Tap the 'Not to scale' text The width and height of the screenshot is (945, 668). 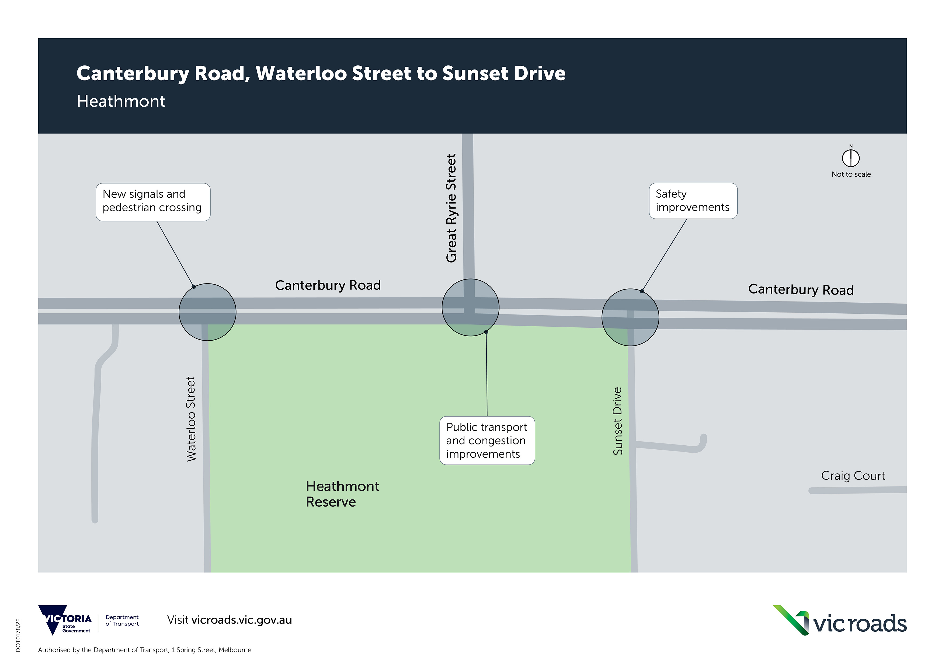851,174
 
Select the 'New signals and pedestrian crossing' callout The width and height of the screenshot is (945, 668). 153,202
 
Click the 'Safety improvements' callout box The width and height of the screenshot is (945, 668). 693,201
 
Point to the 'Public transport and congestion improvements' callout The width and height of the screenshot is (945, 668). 487,440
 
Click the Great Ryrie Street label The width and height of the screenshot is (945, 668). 451,208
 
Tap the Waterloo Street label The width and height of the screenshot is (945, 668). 191,419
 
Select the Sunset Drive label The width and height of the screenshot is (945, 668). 617,421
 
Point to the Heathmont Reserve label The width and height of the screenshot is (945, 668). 342,494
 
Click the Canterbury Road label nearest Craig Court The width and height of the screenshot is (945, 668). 801,290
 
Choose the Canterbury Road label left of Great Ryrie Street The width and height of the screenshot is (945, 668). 328,285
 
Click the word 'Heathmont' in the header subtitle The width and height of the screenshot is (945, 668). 121,101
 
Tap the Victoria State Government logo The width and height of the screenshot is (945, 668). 65,620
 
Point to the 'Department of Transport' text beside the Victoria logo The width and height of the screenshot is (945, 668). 122,621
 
